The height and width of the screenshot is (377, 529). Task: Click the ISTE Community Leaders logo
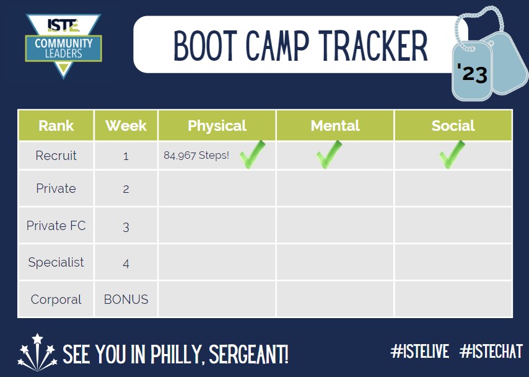(x=63, y=45)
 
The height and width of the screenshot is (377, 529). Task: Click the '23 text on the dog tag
(x=472, y=74)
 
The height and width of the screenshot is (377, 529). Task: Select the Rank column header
(x=56, y=126)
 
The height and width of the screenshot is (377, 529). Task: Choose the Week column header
(x=126, y=126)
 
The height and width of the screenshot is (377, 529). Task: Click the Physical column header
(x=217, y=126)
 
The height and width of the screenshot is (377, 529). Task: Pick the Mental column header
(x=335, y=126)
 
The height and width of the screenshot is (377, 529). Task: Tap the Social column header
(x=453, y=126)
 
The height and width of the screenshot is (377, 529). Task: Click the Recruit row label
(x=56, y=156)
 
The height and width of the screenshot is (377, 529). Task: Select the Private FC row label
(x=56, y=226)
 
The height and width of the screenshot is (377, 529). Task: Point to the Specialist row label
(x=56, y=262)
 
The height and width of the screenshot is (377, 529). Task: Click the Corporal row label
(x=56, y=299)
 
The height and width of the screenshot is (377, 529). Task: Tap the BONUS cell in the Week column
(x=126, y=299)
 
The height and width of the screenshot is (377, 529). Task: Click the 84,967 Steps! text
(x=196, y=156)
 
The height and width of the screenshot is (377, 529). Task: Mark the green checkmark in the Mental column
(x=328, y=155)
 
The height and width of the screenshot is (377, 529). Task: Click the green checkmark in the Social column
(x=452, y=155)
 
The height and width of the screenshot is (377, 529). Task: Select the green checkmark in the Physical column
(x=252, y=155)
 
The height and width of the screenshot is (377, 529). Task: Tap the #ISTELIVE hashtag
(x=419, y=352)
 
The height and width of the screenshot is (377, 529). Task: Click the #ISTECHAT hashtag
(x=491, y=352)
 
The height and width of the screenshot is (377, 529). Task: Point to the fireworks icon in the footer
(x=36, y=352)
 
